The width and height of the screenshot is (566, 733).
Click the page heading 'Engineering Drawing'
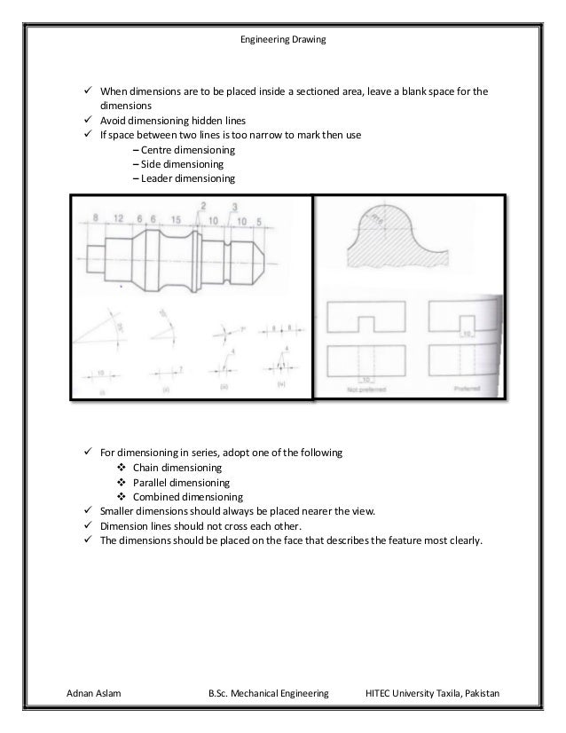(283, 43)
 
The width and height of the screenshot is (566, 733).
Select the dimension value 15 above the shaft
(177, 219)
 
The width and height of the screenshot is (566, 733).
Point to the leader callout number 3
(232, 208)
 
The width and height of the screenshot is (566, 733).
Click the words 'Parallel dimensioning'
(180, 483)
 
